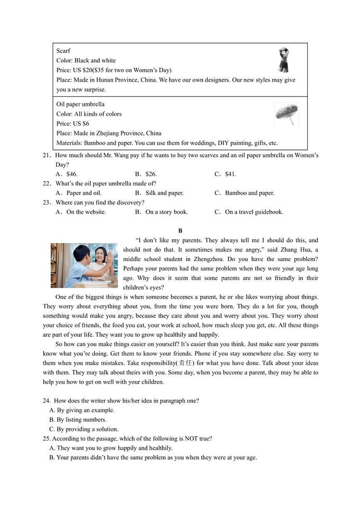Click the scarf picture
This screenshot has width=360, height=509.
click(284, 60)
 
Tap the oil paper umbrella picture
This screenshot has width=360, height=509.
click(286, 114)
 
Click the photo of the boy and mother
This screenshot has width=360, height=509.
click(84, 265)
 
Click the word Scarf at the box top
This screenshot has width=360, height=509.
click(63, 51)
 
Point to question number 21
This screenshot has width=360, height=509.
click(46, 155)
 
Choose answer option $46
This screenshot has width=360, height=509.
click(72, 174)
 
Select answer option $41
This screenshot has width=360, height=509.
click(230, 174)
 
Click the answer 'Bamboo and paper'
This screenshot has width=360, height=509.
click(249, 193)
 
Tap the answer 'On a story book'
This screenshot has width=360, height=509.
click(166, 212)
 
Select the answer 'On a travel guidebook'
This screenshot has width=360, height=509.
click(254, 212)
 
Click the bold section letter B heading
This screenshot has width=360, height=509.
click(180, 231)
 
